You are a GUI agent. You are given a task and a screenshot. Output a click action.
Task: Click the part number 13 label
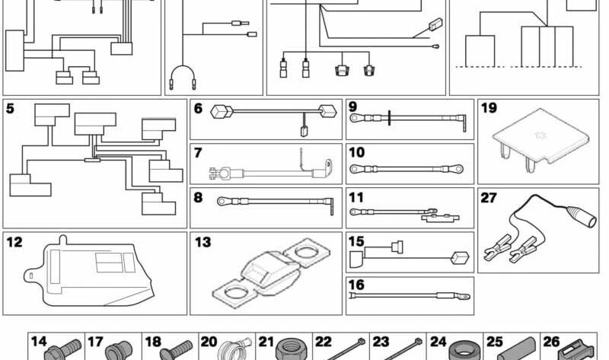pos(202,242)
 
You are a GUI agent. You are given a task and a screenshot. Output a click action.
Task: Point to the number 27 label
pos(489,198)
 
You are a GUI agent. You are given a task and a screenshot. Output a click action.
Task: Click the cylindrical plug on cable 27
pos(581,217)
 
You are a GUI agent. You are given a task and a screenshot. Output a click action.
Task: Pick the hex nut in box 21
pos(287,349)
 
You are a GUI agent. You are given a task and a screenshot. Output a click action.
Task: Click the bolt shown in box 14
pos(63,349)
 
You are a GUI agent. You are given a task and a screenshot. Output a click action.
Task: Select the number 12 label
pos(14,242)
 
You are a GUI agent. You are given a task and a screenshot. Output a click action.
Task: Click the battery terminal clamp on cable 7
pos(218,173)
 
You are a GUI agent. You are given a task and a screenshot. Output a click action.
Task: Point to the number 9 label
pos(352,107)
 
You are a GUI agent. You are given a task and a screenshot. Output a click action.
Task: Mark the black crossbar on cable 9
pos(389,118)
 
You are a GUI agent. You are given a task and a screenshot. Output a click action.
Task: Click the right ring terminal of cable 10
pos(458,169)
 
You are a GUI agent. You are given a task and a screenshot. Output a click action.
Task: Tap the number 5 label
pos(10,109)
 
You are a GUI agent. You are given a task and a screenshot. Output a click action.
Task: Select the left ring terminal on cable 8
pos(222,201)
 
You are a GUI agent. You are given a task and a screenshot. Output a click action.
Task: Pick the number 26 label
pos(551,342)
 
